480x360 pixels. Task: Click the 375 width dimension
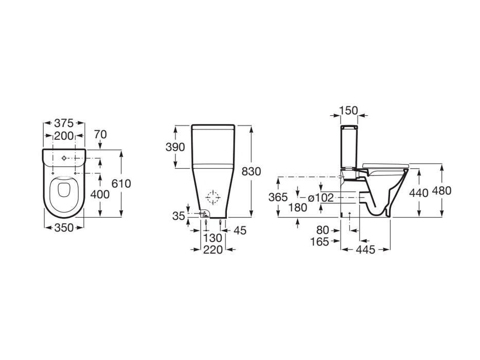coord(64,123)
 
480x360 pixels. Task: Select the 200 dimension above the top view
coord(64,137)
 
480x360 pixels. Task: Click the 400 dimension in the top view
coord(99,194)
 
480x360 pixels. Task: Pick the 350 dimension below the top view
coord(64,228)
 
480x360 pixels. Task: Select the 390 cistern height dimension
coord(174,147)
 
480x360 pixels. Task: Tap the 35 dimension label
coord(178,216)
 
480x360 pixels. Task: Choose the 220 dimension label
coord(212,250)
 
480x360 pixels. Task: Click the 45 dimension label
coord(240,231)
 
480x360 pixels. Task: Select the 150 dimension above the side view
coord(349,110)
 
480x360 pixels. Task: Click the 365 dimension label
coord(278,197)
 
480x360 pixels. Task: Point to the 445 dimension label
coord(366,250)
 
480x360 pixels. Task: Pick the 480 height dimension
coord(441,191)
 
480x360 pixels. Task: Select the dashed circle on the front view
coord(212,197)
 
